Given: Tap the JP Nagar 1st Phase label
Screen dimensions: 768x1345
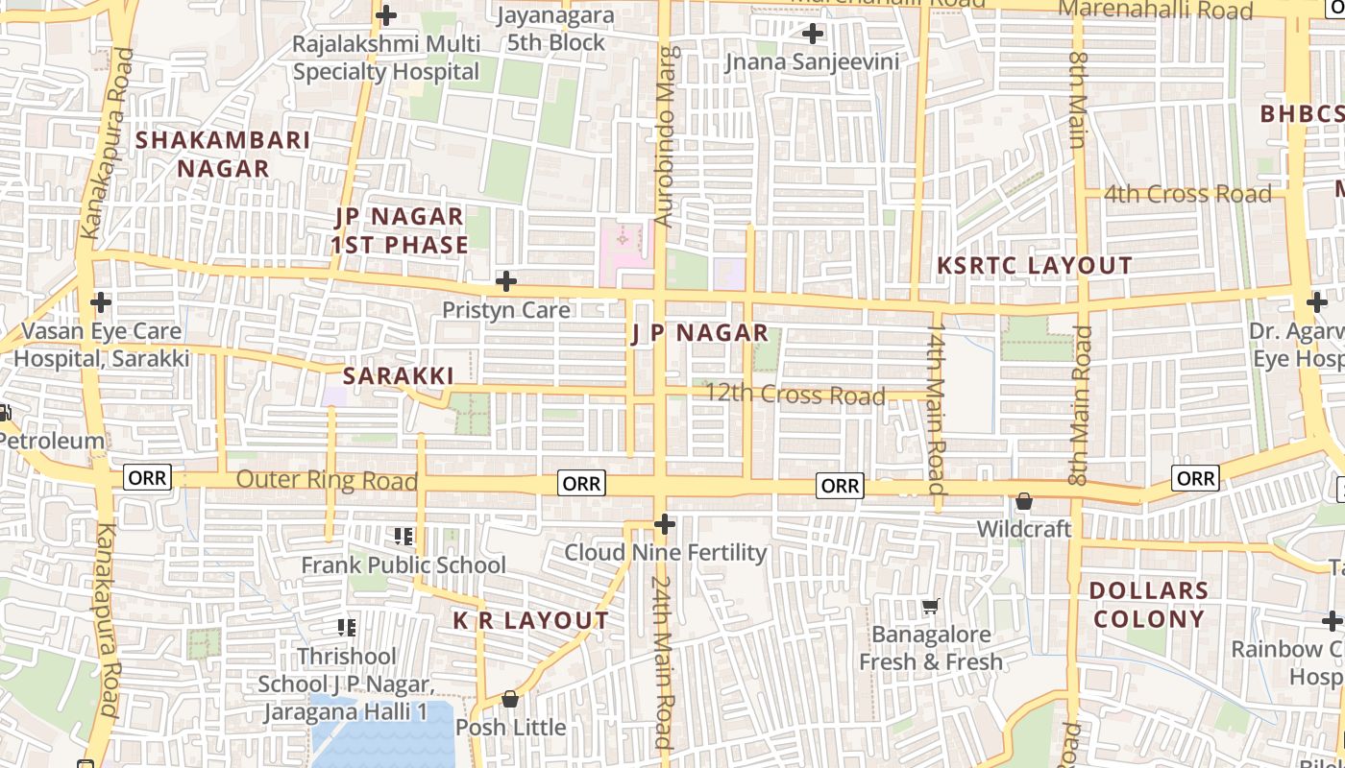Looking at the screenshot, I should [399, 230].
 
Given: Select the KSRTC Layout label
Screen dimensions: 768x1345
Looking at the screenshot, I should [1035, 266].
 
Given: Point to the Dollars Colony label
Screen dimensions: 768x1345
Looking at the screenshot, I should [1149, 604].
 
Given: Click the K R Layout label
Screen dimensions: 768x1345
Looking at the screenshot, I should [530, 621].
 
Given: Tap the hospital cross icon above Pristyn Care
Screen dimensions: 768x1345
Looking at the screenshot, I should [505, 281].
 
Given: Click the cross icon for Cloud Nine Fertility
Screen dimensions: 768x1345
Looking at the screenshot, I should [664, 524].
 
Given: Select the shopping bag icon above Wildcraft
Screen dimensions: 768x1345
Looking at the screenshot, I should [1024, 502].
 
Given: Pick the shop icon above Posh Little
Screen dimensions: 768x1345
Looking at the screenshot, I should [510, 699].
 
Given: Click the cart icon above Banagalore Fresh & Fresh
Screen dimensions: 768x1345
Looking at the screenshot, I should [930, 607].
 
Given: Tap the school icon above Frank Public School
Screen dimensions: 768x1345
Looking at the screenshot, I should [403, 537].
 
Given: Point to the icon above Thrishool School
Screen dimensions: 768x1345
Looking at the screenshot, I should [347, 628].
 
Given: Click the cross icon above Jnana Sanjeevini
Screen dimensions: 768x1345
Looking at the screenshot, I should [813, 34].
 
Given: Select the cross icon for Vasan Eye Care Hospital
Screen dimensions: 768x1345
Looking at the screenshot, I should [101, 302].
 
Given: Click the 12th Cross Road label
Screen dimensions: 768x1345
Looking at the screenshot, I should [795, 395].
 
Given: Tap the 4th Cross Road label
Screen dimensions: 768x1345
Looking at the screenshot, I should [1187, 194].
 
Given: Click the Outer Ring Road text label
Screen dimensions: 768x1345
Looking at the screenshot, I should [327, 480].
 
